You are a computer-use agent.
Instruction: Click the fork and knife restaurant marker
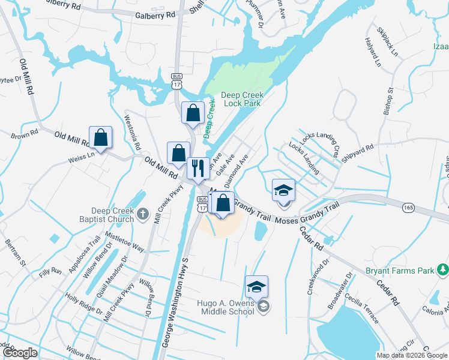tap(198, 168)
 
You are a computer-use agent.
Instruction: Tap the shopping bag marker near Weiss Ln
tap(100, 138)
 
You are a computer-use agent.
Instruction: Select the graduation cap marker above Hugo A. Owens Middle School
tap(256, 287)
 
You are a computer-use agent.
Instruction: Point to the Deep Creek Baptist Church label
tap(112, 215)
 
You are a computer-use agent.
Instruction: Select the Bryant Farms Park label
tap(400, 271)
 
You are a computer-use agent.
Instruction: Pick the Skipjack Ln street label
tap(387, 42)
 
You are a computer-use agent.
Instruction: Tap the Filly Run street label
tap(50, 272)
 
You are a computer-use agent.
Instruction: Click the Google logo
tap(20, 353)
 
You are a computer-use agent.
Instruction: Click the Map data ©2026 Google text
tap(412, 355)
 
